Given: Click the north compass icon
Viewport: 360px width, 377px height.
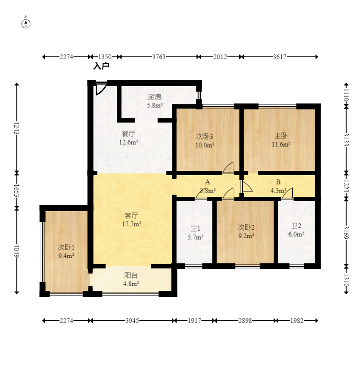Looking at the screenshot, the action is pos(26,24).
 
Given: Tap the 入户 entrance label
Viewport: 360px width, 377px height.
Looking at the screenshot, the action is pos(101,66).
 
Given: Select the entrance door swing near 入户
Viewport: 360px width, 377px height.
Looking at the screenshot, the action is pos(101,89).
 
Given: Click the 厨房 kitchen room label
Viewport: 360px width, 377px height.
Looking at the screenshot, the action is pos(155,97).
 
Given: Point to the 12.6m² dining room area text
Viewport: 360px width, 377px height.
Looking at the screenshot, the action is pos(129,142).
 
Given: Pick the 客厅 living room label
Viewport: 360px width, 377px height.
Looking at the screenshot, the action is pos(131,215).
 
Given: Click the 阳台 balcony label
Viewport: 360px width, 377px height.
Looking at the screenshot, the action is pos(131,275).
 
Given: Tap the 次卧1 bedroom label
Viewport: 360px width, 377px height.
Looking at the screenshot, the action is pos(66,247).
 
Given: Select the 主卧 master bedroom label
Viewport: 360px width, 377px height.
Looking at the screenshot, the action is pos(281,136).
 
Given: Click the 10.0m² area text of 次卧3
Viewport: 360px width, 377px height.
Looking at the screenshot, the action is pos(205,145).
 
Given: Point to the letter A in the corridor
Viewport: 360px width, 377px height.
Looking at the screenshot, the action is pos(208,182).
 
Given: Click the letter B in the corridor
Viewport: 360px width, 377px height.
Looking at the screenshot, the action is pos(278,182).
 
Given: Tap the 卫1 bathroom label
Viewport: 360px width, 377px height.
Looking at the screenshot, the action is pos(195,229).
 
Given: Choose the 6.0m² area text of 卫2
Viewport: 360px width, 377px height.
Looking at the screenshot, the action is pos(296,234).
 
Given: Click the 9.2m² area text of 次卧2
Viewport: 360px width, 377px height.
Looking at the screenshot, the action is pos(246,236).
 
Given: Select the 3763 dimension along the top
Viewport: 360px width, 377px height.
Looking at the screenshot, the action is pos(159,57).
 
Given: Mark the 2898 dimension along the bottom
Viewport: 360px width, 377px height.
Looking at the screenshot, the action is pos(245,321).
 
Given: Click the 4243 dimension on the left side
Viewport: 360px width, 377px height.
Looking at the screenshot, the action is pos(17,128).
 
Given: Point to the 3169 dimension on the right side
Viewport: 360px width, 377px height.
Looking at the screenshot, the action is pos(346,232).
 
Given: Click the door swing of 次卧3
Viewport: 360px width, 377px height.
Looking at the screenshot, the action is pos(228,168).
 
